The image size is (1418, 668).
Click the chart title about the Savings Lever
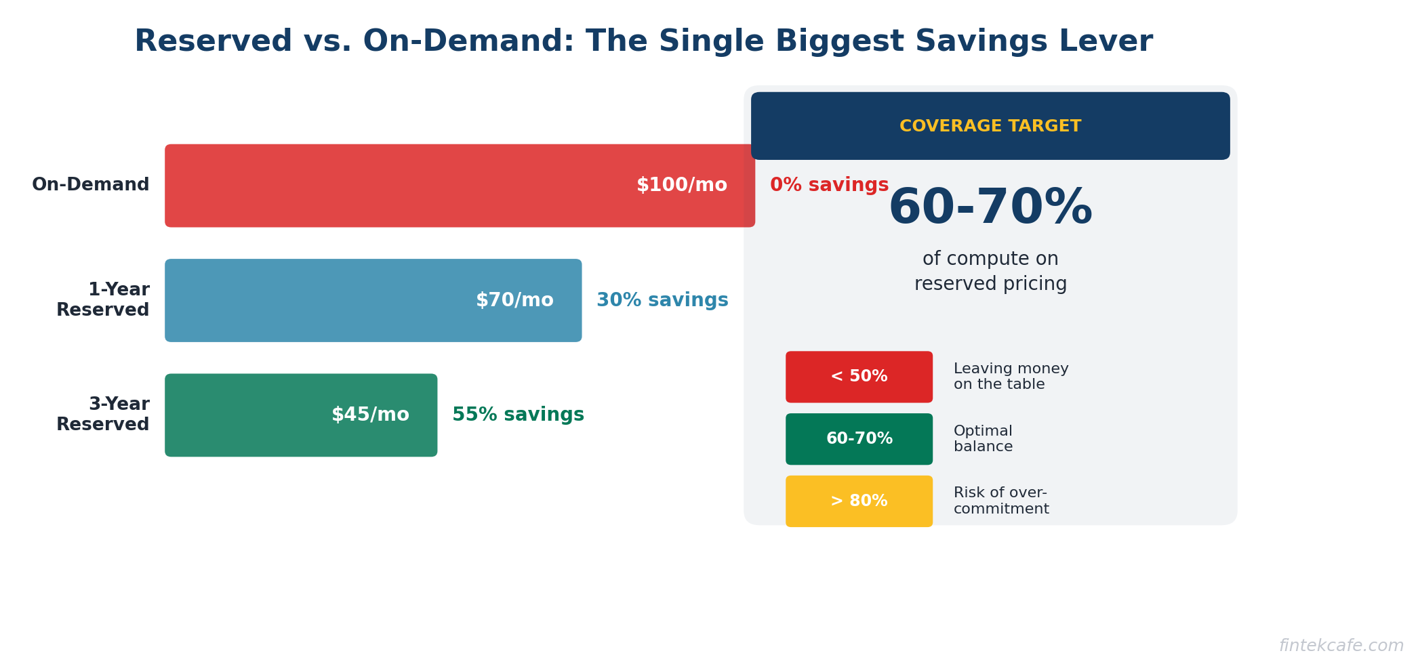(643, 41)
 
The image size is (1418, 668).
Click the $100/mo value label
(681, 185)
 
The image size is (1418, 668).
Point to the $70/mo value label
(514, 300)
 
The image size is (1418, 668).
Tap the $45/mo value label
(370, 415)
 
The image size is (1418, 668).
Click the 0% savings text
(829, 185)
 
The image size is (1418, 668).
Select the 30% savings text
(662, 300)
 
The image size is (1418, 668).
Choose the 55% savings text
(518, 415)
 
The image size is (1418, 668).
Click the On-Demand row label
(91, 185)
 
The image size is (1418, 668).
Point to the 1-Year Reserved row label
(103, 300)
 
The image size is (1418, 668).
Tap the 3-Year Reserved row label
(103, 415)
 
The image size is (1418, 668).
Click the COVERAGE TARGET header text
(990, 127)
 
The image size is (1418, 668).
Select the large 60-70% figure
(990, 208)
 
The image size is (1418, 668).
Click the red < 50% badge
(859, 377)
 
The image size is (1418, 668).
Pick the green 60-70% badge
(859, 439)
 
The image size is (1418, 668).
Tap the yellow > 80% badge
(859, 501)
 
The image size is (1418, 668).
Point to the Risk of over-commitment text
(1000, 501)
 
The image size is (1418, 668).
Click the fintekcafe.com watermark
(1341, 646)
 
